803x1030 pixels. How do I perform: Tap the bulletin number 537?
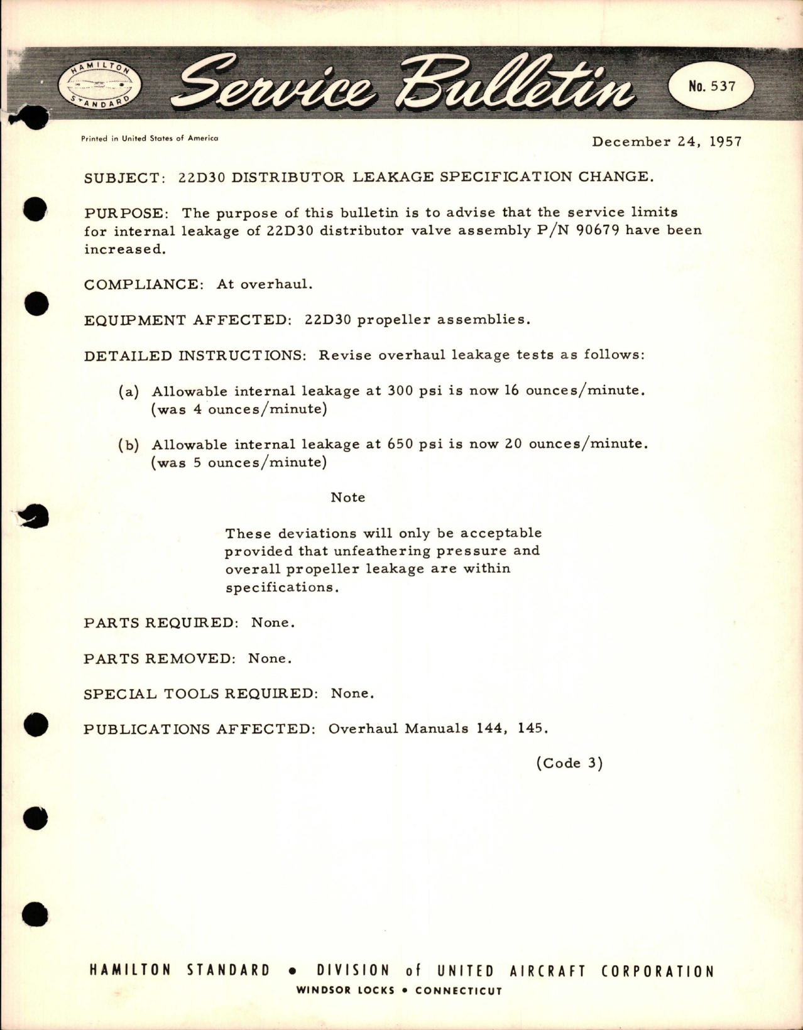coord(711,86)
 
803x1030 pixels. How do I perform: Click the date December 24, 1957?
coord(667,141)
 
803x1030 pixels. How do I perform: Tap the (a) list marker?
coord(129,391)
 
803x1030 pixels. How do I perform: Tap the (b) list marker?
coord(129,445)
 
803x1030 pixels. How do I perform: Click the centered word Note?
coord(347,497)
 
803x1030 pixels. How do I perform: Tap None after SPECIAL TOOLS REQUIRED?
coord(352,693)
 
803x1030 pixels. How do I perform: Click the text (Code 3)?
coord(569,763)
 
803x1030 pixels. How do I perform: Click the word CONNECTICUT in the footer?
coord(459,990)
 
